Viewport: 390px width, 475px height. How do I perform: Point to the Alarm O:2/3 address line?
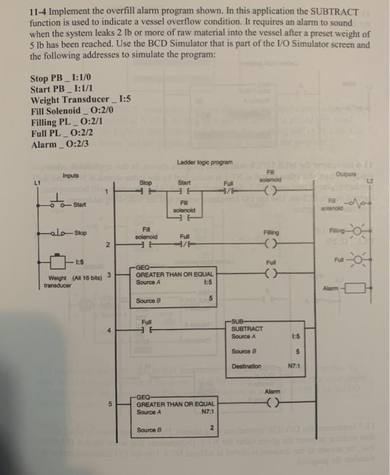pos(60,142)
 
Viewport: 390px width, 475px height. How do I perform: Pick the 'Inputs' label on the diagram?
pos(71,175)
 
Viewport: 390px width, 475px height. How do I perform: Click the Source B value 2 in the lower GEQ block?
pos(211,427)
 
